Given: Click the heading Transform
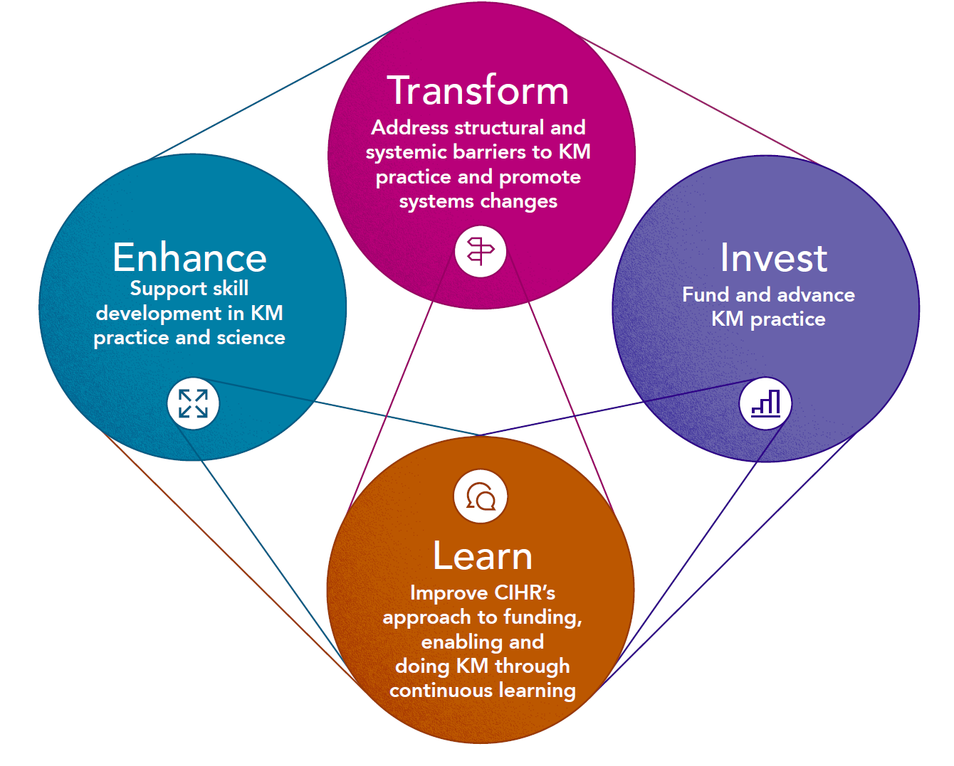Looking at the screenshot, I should coord(478,91).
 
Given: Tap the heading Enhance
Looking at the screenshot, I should coord(189,257).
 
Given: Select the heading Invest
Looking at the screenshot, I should coord(773,257).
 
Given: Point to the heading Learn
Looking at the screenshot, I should coord(483,556).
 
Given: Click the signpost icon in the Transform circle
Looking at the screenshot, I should coord(481,251).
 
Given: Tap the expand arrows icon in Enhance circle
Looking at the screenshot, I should coord(193,404).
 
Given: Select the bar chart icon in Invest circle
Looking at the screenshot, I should coord(766,404).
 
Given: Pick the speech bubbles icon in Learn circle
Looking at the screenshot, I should coord(481,496).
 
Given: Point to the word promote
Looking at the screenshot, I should coord(540,177).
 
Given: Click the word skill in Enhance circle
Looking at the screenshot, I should coord(231,289).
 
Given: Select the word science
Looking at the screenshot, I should coord(251,338).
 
